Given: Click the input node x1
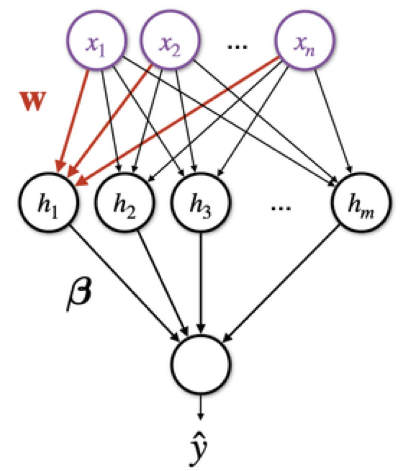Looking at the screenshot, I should click(x=97, y=40).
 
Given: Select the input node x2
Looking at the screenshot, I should click(x=170, y=40).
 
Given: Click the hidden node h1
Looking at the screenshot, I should click(x=49, y=204).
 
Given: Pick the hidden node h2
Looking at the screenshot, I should click(x=125, y=204).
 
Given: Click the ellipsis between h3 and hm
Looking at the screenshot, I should click(x=281, y=208).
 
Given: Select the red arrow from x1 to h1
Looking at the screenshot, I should click(x=74, y=118).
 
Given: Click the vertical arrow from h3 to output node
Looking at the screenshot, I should click(x=201, y=281).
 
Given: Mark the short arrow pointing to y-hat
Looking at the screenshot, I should click(x=200, y=406).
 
